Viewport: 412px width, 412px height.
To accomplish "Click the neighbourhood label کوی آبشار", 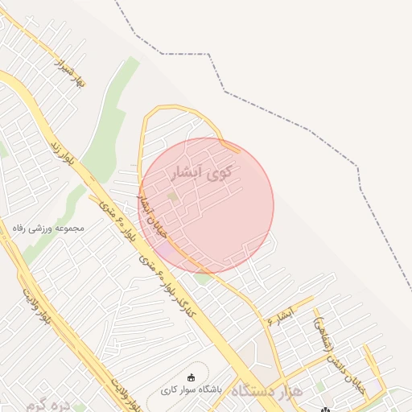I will click(x=202, y=172).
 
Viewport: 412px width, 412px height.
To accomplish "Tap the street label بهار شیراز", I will click(x=69, y=71).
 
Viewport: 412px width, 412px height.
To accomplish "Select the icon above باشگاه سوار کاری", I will click(x=191, y=377).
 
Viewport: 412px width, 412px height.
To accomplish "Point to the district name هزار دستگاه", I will click(x=266, y=391).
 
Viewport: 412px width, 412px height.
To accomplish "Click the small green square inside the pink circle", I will click(x=173, y=196).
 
